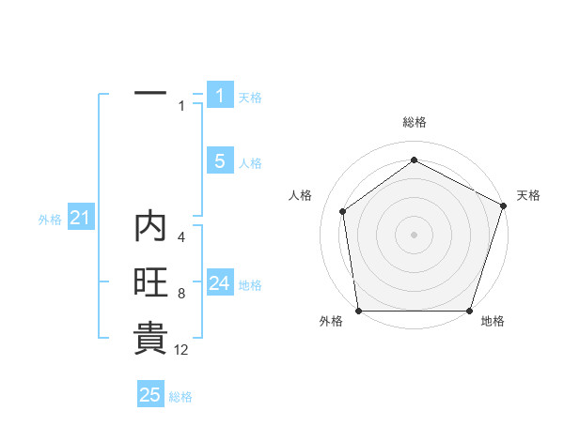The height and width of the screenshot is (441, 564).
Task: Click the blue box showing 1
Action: pos(220,95)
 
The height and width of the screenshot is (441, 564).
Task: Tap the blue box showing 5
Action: pos(220,161)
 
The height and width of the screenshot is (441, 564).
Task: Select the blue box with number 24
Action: pos(220,283)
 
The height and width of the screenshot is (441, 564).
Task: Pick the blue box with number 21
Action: pos(80,219)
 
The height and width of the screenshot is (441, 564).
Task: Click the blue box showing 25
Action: pos(150,395)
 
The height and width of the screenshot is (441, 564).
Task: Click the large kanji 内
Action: pos(150,228)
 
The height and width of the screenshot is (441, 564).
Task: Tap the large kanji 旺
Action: pos(150,283)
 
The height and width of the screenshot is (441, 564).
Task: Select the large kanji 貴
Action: pos(150,339)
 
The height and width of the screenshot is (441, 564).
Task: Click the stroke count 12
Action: pos(181,349)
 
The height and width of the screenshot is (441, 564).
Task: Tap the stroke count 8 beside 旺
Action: pos(181,294)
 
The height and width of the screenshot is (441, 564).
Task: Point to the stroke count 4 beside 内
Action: pos(181,238)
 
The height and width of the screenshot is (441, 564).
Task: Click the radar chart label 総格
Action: pos(415,122)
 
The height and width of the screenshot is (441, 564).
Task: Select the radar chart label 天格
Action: pos(528,195)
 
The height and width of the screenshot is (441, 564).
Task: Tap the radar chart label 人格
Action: pos(300,195)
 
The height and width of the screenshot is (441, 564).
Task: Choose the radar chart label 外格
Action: pos(331,321)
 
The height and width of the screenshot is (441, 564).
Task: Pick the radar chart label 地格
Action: pos(493,321)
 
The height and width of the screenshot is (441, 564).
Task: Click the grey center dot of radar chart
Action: pos(414,234)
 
